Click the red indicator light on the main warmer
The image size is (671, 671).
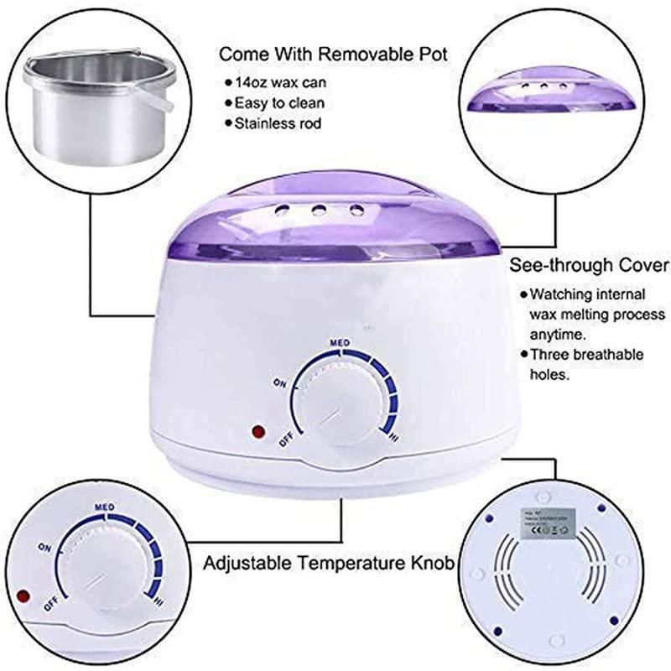pyautogui.click(x=257, y=433)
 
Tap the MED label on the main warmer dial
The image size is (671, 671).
pyautogui.click(x=339, y=343)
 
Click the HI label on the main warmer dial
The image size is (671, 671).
pyautogui.click(x=393, y=437)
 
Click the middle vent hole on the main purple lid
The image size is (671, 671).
pyautogui.click(x=320, y=210)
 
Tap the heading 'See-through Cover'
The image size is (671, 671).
pyautogui.click(x=590, y=266)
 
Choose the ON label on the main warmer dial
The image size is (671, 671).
pyautogui.click(x=280, y=382)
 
